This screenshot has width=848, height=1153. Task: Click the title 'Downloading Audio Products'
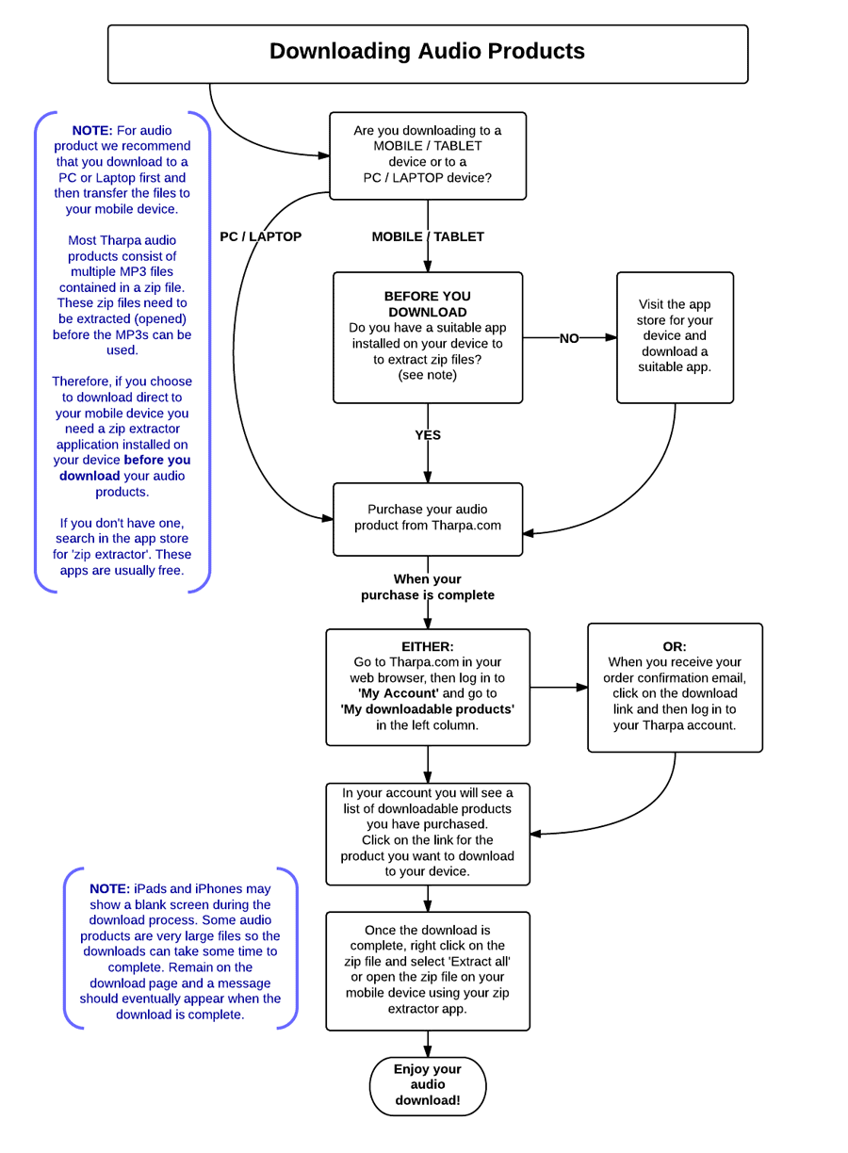(427, 51)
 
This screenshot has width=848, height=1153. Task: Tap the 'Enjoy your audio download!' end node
(428, 1086)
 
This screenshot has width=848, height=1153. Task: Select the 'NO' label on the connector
(569, 338)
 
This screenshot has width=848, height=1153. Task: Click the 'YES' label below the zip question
(428, 435)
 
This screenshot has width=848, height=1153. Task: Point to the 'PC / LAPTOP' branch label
(261, 236)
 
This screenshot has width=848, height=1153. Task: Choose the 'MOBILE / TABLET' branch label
(428, 236)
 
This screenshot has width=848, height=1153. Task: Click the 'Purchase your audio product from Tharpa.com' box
(428, 519)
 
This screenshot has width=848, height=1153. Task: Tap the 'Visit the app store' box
(675, 337)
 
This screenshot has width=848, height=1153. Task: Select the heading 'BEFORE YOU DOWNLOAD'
(428, 303)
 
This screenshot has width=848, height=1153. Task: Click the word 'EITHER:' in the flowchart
(428, 646)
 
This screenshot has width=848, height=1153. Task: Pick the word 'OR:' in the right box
(675, 646)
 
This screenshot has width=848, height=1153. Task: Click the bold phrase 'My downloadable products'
(428, 709)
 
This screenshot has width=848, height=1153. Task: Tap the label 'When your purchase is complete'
(428, 587)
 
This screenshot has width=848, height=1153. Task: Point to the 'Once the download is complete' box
(428, 971)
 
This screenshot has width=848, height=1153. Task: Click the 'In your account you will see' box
(428, 834)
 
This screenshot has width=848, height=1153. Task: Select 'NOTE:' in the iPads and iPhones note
(109, 888)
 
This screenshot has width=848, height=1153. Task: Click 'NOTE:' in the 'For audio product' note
(92, 130)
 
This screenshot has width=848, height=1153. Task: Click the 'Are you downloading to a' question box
(428, 155)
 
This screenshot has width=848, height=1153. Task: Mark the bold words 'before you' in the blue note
(157, 460)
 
